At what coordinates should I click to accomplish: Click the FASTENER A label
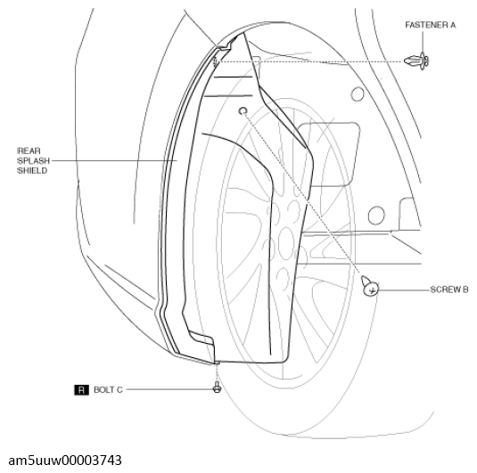tap(431, 25)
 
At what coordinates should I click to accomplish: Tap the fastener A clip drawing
tap(416, 61)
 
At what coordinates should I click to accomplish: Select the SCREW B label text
tap(449, 290)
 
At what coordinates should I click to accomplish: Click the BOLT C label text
tap(108, 389)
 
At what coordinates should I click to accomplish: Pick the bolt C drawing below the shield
tap(218, 387)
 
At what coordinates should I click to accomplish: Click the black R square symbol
tap(81, 390)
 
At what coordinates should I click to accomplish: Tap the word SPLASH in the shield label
tap(34, 161)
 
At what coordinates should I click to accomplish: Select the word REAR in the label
tap(29, 151)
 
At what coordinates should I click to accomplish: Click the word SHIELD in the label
tap(32, 171)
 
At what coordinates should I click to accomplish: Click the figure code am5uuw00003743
tap(65, 461)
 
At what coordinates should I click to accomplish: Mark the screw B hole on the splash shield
tap(243, 111)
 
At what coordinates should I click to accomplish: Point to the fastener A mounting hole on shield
tap(216, 62)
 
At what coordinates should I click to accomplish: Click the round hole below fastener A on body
tap(358, 94)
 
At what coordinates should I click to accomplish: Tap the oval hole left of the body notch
tap(376, 216)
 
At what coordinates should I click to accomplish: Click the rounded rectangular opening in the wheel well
tap(328, 154)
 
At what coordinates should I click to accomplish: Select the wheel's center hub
tap(285, 243)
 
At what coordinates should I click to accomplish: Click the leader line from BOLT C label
tap(169, 389)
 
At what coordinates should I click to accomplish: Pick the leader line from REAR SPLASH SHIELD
tap(115, 160)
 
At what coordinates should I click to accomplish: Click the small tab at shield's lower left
tap(201, 338)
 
